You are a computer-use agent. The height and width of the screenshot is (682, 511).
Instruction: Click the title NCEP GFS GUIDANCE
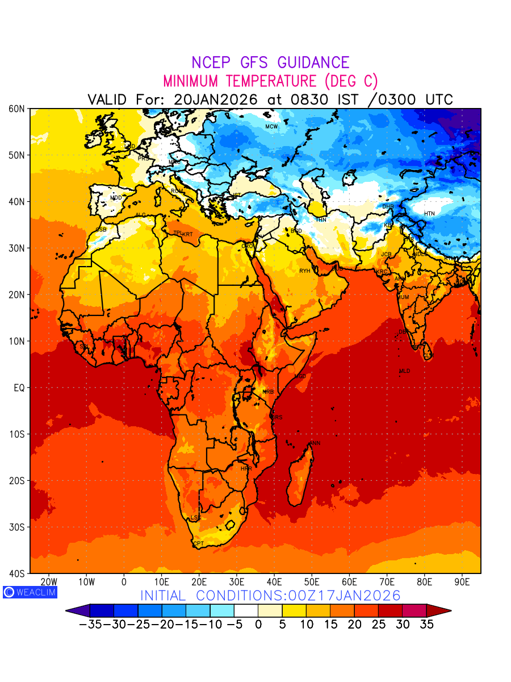[270, 63]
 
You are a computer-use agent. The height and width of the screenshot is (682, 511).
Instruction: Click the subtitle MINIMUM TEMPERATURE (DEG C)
[270, 81]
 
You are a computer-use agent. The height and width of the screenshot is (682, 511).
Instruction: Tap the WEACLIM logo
[30, 592]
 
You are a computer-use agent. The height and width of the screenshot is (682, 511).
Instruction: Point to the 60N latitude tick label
[18, 109]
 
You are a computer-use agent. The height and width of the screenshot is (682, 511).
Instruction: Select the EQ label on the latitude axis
[18, 388]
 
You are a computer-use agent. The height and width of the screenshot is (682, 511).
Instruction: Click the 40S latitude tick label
[18, 573]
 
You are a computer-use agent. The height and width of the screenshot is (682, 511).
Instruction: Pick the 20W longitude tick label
[49, 582]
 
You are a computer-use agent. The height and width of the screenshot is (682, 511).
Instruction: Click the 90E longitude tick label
[462, 582]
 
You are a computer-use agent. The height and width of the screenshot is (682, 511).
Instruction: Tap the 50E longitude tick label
[312, 582]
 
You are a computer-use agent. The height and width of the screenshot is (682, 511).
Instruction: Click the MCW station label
[271, 127]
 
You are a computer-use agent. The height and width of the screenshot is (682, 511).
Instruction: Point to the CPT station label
[199, 544]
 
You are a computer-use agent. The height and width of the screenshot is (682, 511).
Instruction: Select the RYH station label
[305, 271]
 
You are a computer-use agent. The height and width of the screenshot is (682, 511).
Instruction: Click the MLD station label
[404, 371]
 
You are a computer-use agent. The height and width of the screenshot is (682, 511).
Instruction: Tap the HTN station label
[429, 214]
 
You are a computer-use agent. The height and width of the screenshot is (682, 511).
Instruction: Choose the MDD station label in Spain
[116, 198]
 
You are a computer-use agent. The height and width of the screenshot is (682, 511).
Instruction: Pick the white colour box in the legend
[246, 611]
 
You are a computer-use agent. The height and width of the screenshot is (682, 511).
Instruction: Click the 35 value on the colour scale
[426, 624]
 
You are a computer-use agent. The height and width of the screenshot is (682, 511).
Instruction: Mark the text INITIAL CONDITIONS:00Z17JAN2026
[270, 596]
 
